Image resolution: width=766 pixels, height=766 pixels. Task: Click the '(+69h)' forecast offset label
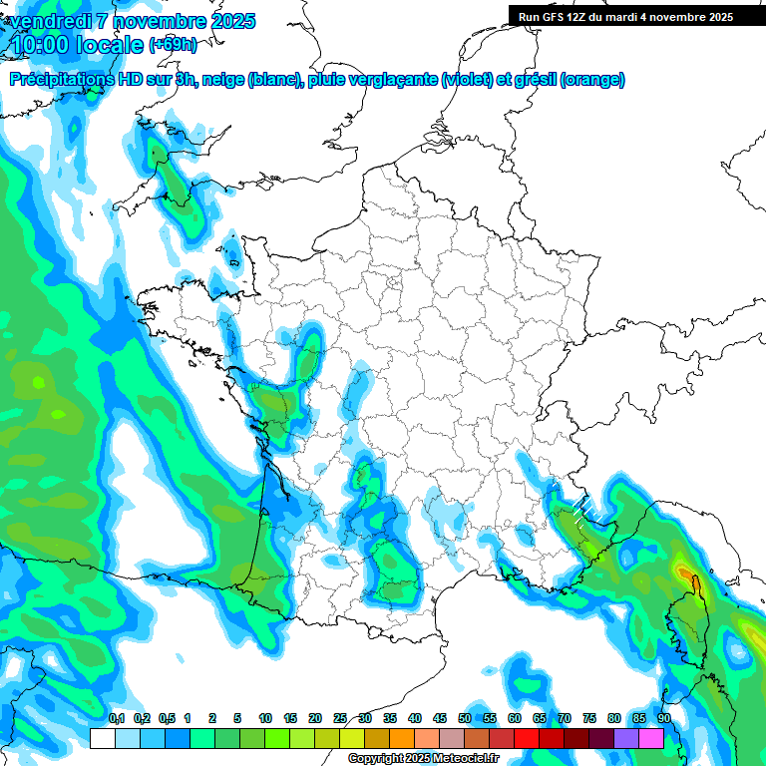click(173, 45)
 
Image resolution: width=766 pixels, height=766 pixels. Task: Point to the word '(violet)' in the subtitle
click(466, 80)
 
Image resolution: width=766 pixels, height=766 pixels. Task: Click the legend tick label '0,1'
click(116, 718)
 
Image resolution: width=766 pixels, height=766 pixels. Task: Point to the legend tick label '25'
click(340, 718)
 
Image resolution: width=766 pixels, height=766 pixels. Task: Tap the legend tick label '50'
click(465, 718)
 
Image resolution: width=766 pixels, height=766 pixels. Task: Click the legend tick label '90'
click(664, 718)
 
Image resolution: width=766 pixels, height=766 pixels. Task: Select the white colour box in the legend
click(102, 738)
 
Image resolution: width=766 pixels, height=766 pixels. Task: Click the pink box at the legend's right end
click(651, 738)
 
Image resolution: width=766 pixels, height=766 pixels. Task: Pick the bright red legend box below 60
click(527, 738)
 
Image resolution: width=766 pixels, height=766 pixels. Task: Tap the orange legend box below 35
click(402, 738)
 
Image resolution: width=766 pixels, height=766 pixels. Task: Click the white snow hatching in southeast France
click(590, 508)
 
